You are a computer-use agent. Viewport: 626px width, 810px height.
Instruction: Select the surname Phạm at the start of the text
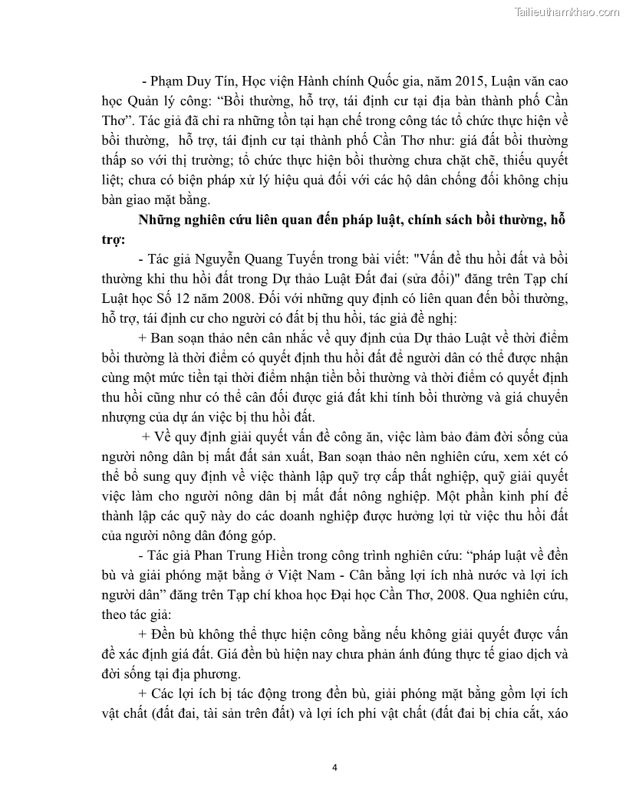click(x=170, y=81)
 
